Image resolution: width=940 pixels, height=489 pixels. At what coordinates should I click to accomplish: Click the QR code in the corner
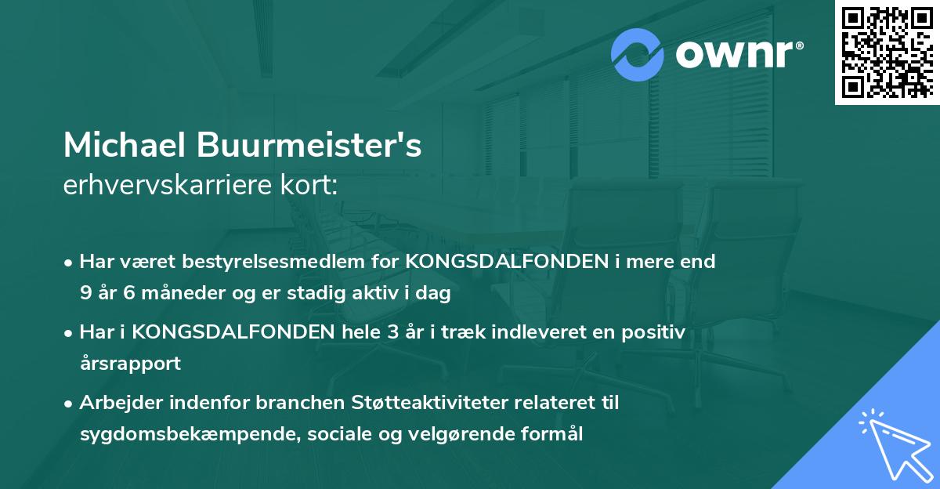[x=887, y=52]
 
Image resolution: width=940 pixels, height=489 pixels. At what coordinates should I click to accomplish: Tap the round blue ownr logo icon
[x=638, y=55]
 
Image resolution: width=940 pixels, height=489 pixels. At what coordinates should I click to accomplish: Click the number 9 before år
[x=85, y=293]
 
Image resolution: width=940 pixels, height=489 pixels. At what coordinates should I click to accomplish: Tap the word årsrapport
[x=130, y=364]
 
